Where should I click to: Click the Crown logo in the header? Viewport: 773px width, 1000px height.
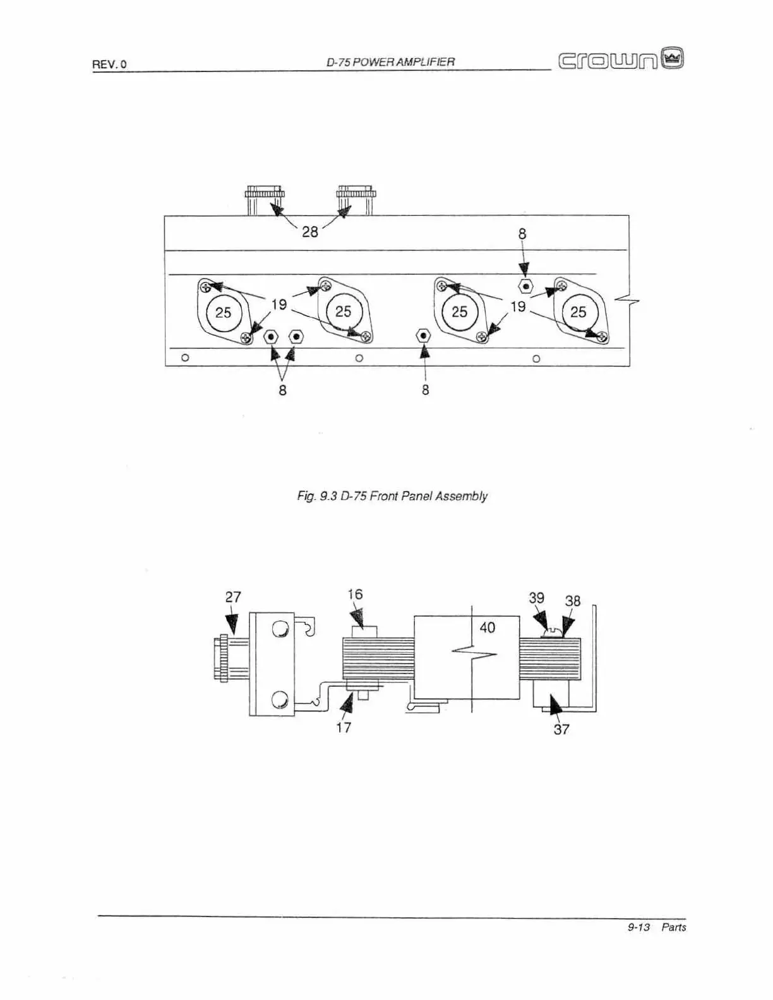[x=621, y=59]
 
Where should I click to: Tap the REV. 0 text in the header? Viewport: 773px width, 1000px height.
[x=109, y=64]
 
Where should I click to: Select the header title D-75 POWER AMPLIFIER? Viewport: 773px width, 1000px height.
[x=390, y=62]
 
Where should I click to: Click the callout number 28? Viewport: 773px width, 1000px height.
[x=309, y=232]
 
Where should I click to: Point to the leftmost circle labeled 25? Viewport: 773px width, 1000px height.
[x=224, y=312]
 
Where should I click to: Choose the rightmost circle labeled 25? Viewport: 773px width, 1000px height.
[x=578, y=312]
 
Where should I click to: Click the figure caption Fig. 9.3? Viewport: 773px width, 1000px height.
[x=392, y=496]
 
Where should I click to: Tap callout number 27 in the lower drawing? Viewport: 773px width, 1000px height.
[x=233, y=597]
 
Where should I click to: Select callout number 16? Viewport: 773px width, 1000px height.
[x=355, y=594]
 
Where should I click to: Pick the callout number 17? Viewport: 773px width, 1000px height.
[x=344, y=727]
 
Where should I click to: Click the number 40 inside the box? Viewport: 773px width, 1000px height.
[x=487, y=628]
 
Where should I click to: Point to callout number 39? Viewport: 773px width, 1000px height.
[x=536, y=598]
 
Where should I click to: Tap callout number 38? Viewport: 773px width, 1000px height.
[x=572, y=600]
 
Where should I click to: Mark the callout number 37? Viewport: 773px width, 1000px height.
[x=561, y=729]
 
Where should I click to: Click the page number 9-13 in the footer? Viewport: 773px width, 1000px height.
[x=638, y=927]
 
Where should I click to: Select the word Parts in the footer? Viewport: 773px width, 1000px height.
[x=673, y=927]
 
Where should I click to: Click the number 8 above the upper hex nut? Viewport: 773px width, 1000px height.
[x=522, y=234]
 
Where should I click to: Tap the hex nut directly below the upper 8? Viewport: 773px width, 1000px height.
[x=525, y=287]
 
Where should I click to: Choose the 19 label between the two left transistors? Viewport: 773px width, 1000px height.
[x=279, y=304]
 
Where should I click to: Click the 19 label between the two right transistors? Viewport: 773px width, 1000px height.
[x=518, y=306]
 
